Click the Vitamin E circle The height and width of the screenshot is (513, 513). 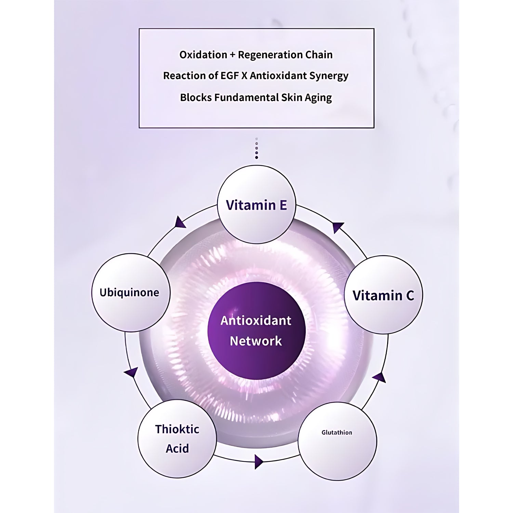point(256,205)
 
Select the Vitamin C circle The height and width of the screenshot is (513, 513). point(383,295)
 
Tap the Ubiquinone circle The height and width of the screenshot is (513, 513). point(130,292)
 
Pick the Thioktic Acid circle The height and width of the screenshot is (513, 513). point(177,438)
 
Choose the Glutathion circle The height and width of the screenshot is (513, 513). point(337,441)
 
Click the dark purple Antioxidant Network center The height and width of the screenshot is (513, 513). point(256,331)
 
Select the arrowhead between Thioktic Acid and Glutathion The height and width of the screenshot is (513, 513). point(259,462)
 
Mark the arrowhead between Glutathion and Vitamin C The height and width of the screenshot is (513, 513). point(379,377)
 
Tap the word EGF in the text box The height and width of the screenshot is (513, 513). point(229,76)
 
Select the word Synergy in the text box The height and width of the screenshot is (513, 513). point(328,76)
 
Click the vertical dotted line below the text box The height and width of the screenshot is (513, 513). point(256,149)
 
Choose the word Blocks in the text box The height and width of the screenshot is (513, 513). point(196,97)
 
